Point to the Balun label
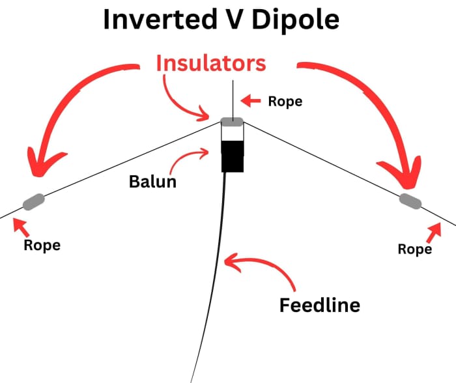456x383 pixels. (153, 180)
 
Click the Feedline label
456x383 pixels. (320, 304)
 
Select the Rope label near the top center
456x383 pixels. (285, 102)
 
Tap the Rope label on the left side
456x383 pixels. (42, 246)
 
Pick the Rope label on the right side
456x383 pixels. (415, 249)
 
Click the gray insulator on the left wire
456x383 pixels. (33, 202)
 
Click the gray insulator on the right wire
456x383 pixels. (410, 200)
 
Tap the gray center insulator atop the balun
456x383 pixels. (232, 121)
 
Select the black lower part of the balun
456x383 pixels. (232, 157)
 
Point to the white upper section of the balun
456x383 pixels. (232, 133)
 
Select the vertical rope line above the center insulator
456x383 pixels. (232, 98)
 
